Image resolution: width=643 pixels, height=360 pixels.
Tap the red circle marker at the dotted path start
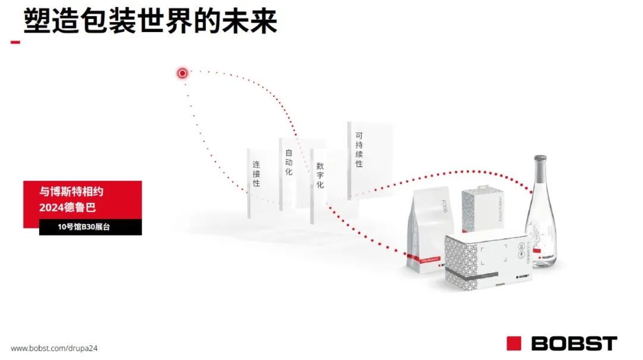[x=183, y=73]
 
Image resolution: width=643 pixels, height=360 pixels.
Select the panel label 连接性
[x=256, y=174]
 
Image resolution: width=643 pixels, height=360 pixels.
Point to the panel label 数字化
[x=320, y=176]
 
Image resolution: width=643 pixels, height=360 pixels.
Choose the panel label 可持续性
[x=359, y=151]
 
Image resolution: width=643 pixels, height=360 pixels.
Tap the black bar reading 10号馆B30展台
[x=90, y=227]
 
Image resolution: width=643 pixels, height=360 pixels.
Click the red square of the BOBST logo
[x=514, y=343]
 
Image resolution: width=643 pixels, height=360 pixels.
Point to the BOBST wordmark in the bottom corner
[x=573, y=343]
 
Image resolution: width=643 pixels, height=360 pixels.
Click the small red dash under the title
[x=15, y=42]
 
